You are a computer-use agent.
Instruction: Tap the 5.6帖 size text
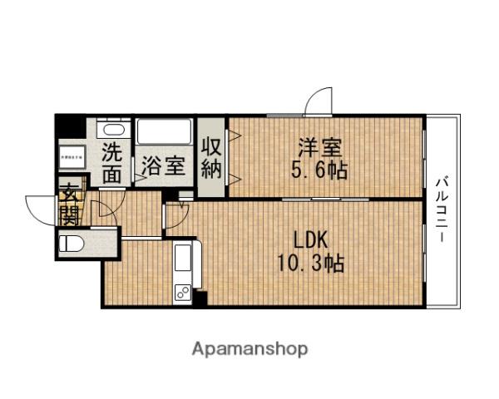point(320,172)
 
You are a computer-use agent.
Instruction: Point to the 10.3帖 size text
point(311,264)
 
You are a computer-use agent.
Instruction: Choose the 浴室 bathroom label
point(163,164)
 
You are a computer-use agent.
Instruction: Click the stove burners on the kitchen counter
point(183,292)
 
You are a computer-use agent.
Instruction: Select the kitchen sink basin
point(183,259)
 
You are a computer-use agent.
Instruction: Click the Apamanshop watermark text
point(250,348)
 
